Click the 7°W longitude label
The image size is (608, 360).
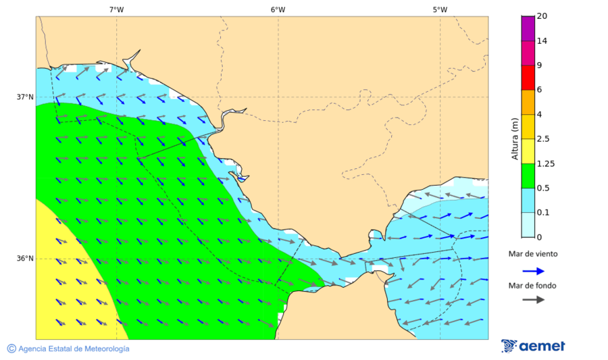point(116,9)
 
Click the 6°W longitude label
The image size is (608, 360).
point(278,9)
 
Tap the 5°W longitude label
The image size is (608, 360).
point(440,9)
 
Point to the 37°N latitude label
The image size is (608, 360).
point(25,97)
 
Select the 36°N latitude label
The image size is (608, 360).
point(25,259)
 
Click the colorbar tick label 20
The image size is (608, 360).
point(542,16)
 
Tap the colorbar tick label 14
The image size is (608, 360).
point(542,41)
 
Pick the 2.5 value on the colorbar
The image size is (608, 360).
point(542,139)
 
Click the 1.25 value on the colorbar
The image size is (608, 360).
point(544,163)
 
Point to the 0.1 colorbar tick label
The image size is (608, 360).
point(542,213)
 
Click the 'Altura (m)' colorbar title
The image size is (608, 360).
point(515,138)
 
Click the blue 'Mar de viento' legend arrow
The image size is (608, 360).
point(533,271)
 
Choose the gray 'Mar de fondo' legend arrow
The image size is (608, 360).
point(533,299)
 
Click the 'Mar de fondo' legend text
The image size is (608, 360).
point(533,286)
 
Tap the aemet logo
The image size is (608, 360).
point(534,346)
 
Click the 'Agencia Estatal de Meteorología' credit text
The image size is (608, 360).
point(74,349)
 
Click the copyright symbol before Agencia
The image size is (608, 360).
point(11,349)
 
